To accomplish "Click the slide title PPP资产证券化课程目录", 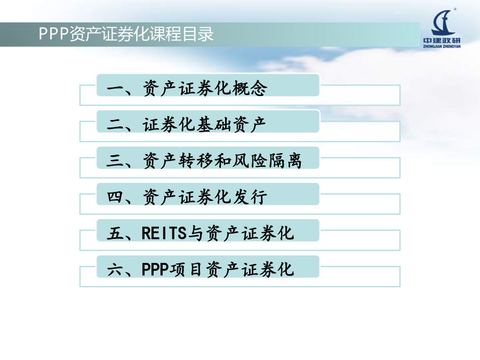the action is [126, 34].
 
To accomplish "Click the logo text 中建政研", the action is [442, 41].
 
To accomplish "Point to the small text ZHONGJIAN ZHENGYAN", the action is [442, 46].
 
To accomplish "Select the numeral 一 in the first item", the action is [115, 89].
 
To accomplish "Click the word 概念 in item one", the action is [250, 88].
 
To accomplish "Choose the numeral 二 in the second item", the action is [115, 125].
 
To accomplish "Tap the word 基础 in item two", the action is [214, 125].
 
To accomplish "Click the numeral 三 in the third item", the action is [115, 161].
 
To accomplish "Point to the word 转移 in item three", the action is [196, 161].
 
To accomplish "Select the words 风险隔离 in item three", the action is [267, 161].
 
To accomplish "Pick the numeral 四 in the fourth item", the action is [115, 197].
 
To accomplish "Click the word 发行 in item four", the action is [250, 197].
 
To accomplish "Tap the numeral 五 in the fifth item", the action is [115, 233].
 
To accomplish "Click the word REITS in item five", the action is [164, 233].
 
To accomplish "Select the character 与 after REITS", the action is [196, 233].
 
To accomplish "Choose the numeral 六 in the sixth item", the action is [115, 269].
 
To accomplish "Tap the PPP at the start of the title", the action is [53, 34].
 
